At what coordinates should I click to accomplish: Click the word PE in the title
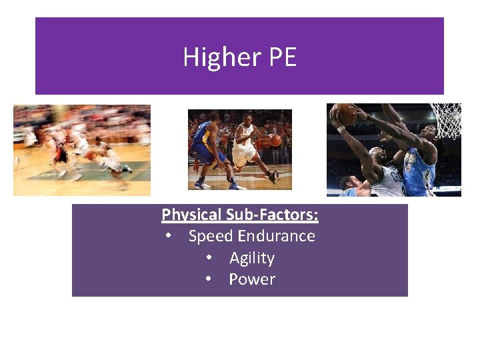[283, 57]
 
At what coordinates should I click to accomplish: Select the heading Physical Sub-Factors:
[240, 215]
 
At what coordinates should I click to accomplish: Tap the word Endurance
[276, 236]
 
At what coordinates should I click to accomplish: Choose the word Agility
[252, 258]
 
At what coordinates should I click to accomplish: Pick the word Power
[252, 279]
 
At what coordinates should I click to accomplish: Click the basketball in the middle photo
[275, 141]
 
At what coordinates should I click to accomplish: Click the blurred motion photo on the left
[82, 150]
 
